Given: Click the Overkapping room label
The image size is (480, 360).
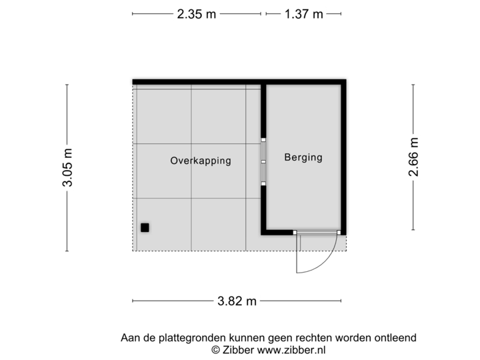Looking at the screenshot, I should coord(201,161).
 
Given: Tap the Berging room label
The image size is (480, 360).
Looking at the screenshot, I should coord(303,158).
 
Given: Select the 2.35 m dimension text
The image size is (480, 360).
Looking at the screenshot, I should coord(196,13).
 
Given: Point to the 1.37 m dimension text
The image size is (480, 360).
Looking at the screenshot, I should coord(304,13).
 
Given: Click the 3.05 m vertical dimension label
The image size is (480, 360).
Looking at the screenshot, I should coord(67,167).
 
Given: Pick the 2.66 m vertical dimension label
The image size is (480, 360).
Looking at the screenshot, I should coord(414,157).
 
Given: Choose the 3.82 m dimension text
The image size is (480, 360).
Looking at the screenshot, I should coord(237,301).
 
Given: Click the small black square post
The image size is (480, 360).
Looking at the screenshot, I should coord(145,228).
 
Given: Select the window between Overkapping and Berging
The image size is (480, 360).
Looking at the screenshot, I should coord(263,161).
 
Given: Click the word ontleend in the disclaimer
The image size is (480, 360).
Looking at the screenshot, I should coord(397,338).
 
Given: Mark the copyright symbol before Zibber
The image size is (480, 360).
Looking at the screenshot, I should coord(215,349).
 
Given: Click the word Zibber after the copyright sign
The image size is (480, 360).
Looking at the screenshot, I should coord(237,349).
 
